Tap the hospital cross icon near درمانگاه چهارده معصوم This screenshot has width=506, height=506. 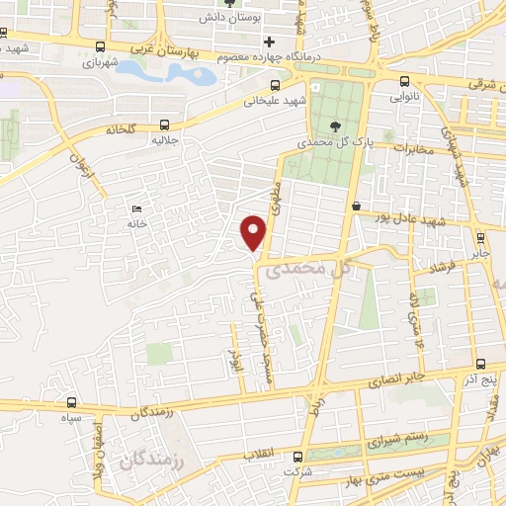click(269, 42)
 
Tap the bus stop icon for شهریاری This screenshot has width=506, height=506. click(101, 46)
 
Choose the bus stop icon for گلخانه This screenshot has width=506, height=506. click(163, 126)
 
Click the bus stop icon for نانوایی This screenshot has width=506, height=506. click(404, 83)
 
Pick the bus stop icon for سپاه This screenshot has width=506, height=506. click(71, 402)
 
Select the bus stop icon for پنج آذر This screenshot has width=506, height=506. click(480, 365)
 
